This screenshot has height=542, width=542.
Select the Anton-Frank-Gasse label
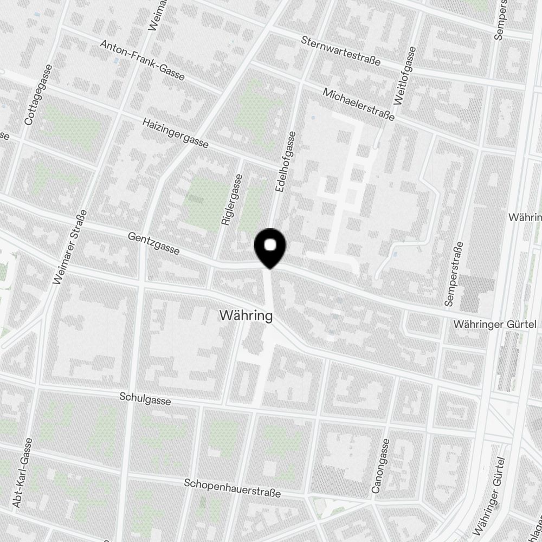(x=143, y=60)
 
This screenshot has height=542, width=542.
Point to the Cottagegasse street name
(x=37, y=95)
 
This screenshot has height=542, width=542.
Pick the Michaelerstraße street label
(x=358, y=104)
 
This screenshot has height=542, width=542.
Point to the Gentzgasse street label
(x=154, y=244)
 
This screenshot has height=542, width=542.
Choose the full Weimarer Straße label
(x=70, y=247)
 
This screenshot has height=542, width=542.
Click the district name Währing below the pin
(x=246, y=315)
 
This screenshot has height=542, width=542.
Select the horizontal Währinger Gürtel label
(x=496, y=324)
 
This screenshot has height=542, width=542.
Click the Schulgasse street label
(x=145, y=399)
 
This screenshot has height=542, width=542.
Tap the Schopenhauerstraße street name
(x=233, y=488)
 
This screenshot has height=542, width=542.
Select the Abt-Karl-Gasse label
(x=24, y=472)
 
